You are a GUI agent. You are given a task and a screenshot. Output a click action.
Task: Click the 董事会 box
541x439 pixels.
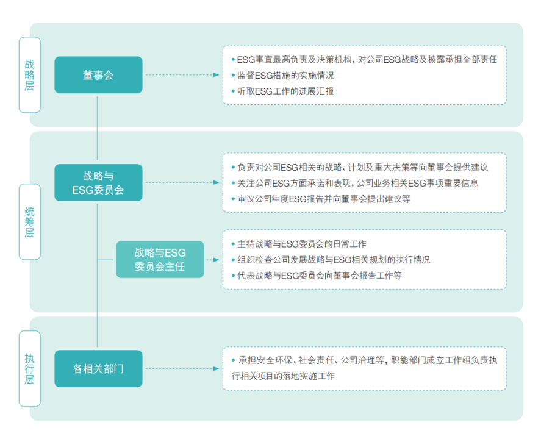(x=98, y=75)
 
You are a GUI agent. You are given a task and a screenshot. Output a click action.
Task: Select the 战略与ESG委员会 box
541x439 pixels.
(x=98, y=182)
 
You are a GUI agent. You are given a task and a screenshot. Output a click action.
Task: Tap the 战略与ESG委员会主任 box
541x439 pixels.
(x=160, y=259)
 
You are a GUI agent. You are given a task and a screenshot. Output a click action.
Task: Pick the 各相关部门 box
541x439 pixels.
(x=98, y=369)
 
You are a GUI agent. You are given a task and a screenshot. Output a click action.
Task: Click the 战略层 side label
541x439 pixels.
(x=30, y=75)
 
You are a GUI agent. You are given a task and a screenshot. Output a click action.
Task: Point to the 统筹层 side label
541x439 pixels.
(x=30, y=222)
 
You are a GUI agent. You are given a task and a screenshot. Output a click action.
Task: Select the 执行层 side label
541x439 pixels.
(x=30, y=369)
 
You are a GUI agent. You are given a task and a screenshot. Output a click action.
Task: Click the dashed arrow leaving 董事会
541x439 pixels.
(x=182, y=75)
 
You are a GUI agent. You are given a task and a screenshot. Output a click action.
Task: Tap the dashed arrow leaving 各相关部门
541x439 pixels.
(x=182, y=369)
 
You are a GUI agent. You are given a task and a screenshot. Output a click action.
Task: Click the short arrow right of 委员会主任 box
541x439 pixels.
(x=213, y=260)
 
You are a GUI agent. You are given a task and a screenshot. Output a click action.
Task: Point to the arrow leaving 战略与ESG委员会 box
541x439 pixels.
(x=182, y=182)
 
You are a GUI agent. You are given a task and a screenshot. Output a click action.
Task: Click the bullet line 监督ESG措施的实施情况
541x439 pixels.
(x=282, y=75)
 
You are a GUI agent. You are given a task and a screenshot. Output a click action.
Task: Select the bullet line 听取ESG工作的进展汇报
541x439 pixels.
(x=282, y=91)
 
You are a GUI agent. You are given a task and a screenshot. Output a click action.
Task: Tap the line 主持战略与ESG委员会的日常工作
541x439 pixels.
(x=299, y=244)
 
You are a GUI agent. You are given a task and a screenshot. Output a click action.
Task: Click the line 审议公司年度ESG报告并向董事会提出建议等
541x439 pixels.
(x=321, y=199)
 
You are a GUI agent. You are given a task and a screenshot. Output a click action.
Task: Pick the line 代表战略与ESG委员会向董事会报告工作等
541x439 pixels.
(x=317, y=275)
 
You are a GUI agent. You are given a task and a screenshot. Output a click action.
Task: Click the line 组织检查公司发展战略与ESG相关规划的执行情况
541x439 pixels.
(x=331, y=260)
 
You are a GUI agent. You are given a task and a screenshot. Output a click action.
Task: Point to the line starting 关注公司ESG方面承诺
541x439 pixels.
(x=355, y=183)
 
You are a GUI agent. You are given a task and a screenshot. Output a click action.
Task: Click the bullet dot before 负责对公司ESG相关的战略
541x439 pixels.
(x=233, y=168)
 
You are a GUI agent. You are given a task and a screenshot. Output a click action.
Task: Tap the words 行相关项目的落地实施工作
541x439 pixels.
(x=283, y=376)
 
